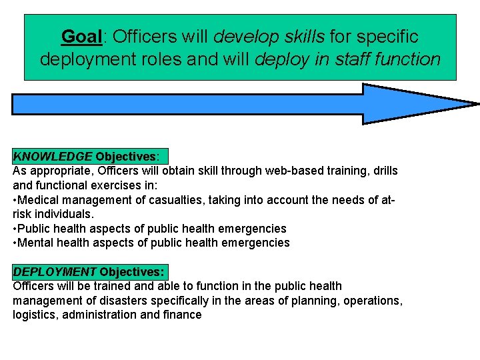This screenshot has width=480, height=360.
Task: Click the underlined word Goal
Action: [80, 35]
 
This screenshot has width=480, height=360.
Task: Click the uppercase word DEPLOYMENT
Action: [55, 272]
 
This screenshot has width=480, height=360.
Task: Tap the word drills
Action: [381, 171]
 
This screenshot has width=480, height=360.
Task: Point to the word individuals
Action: [65, 214]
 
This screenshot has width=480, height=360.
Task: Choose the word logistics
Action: [35, 315]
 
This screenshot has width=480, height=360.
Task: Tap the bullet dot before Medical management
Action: [15, 200]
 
